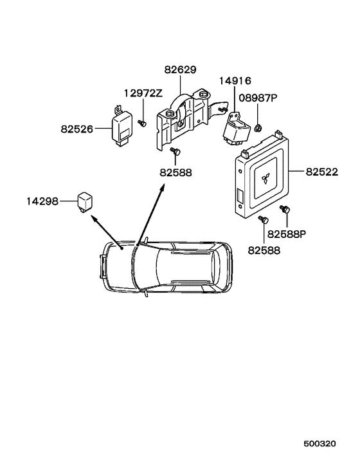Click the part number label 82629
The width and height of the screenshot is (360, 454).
point(180,70)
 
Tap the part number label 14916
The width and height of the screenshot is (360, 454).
point(235,81)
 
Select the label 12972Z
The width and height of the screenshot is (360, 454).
point(143,93)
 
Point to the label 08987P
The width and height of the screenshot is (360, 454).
point(258,98)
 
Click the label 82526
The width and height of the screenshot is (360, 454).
point(77,129)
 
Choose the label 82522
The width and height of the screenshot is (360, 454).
point(322,172)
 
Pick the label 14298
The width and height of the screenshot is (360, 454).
point(42,201)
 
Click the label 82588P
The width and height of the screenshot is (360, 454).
point(287,234)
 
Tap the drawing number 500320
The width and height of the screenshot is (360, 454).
point(319,444)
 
